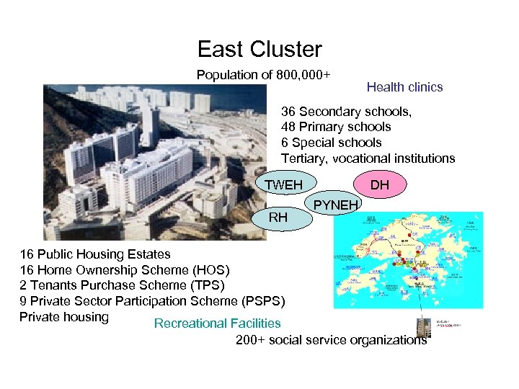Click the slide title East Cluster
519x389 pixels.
point(259,49)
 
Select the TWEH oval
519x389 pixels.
point(283,186)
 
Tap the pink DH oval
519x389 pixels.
point(380,186)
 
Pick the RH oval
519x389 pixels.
point(278,216)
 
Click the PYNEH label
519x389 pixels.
point(336,206)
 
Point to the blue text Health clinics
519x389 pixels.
point(404,87)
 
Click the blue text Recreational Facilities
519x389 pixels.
point(217,323)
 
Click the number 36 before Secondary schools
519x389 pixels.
point(288,112)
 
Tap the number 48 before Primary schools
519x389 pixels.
point(288,127)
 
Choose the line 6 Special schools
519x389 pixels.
point(331,143)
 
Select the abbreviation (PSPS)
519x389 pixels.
point(264,301)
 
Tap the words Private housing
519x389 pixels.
point(64,317)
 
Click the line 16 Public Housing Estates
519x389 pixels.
point(95,254)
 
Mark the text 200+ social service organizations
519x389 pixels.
point(331,340)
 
